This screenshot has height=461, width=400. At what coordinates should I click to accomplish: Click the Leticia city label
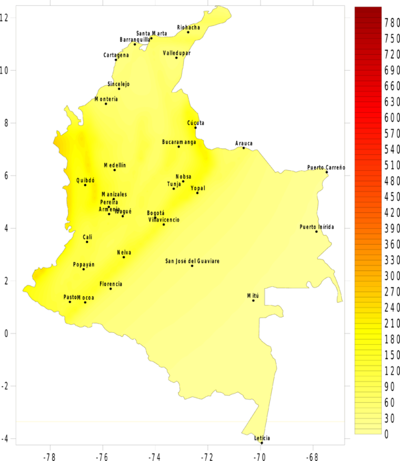(x=262, y=438)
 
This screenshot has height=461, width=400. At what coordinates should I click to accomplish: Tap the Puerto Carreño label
(x=327, y=167)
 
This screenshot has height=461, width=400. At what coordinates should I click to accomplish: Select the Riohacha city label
(x=188, y=27)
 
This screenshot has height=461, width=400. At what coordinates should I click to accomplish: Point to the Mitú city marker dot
(x=253, y=300)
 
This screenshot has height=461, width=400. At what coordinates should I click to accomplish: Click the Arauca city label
(x=244, y=143)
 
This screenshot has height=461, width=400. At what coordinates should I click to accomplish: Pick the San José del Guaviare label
(x=192, y=261)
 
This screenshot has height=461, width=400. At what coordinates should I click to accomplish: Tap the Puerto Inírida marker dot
(x=317, y=232)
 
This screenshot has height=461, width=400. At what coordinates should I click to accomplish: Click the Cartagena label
(x=116, y=55)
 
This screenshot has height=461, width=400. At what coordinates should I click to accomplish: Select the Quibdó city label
(x=85, y=180)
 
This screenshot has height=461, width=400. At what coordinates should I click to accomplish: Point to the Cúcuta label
(x=195, y=123)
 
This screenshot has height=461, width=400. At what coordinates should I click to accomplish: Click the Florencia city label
(x=111, y=284)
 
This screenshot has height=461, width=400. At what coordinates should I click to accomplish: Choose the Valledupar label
(x=177, y=52)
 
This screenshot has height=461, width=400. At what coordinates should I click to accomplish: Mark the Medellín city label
(x=115, y=165)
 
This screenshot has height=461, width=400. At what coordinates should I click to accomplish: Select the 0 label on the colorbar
(x=387, y=434)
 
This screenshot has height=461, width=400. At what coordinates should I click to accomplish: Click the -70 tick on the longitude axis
(x=259, y=456)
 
